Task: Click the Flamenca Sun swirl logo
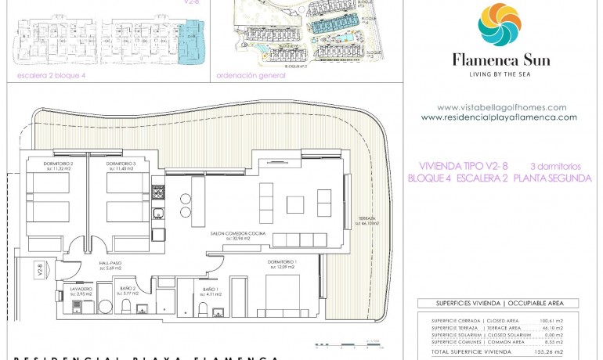(x=500, y=25)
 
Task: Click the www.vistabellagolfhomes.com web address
(x=501, y=107)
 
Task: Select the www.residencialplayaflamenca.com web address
(x=499, y=117)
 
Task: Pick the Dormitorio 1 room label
(x=281, y=263)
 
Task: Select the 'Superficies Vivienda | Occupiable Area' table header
(x=496, y=303)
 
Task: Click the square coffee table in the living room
(x=295, y=205)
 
